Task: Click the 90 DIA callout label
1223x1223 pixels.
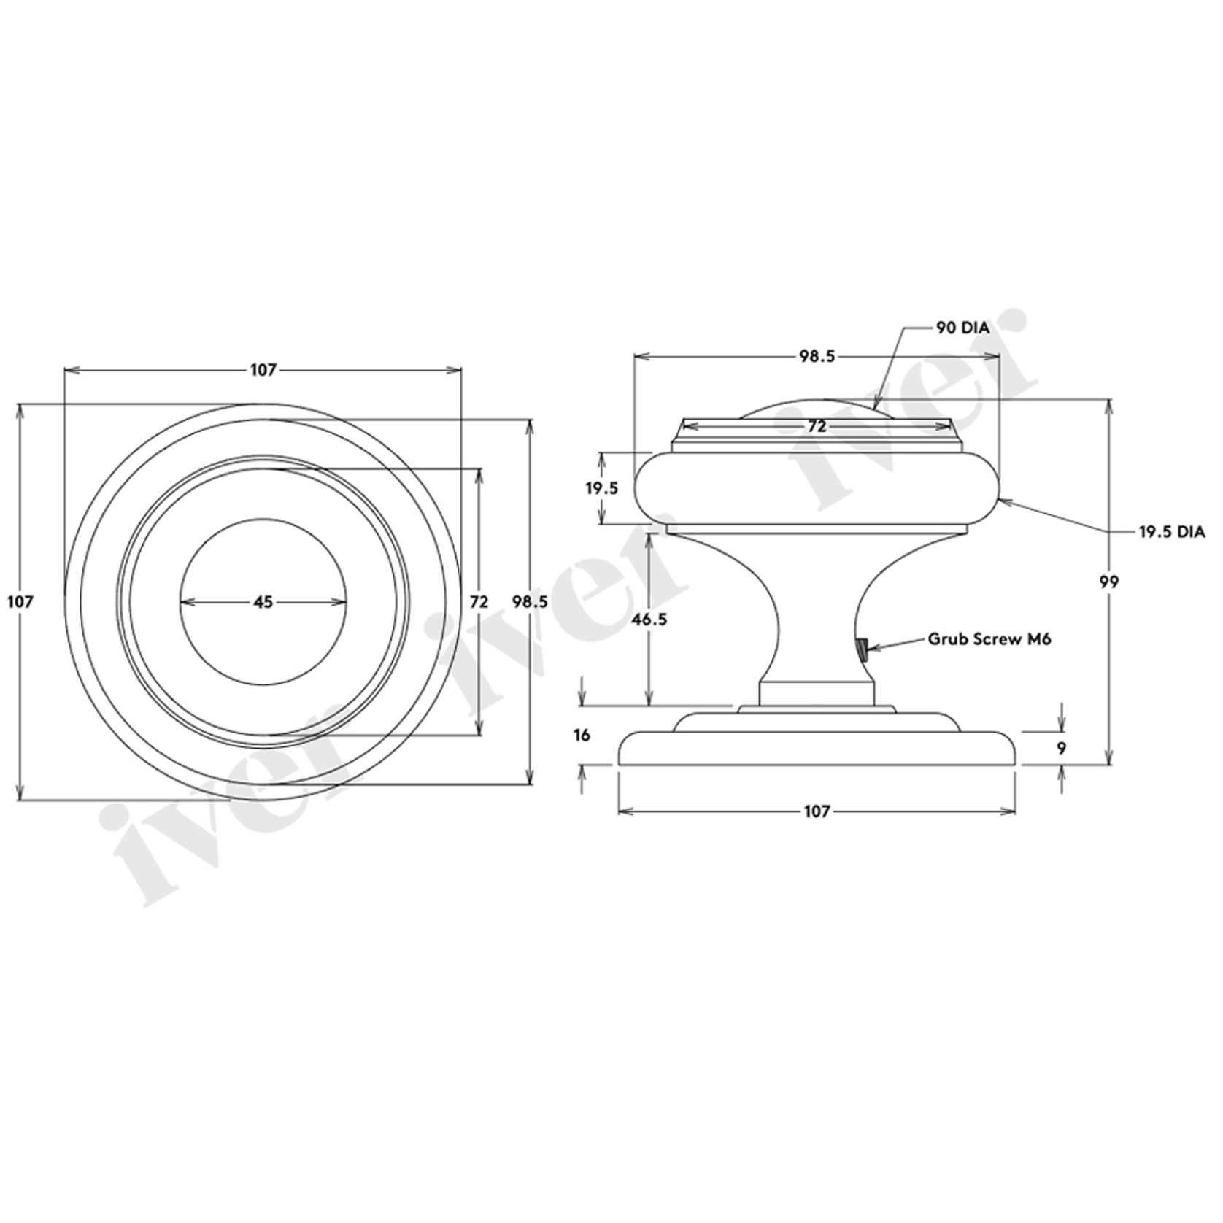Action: pyautogui.click(x=962, y=328)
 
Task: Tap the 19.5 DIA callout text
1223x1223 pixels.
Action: pyautogui.click(x=1171, y=532)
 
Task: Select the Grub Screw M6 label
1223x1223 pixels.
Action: pyautogui.click(x=989, y=639)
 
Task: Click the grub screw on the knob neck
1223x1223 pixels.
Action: pyautogui.click(x=862, y=649)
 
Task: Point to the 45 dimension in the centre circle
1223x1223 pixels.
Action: pyautogui.click(x=263, y=602)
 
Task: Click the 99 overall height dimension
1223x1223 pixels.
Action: pyautogui.click(x=1109, y=582)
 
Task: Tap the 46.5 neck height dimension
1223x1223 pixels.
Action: pyautogui.click(x=649, y=619)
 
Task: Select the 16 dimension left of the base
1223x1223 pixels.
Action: pyautogui.click(x=581, y=735)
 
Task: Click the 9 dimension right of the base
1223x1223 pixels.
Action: pyautogui.click(x=1062, y=748)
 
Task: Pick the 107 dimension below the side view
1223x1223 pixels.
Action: pyautogui.click(x=817, y=811)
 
